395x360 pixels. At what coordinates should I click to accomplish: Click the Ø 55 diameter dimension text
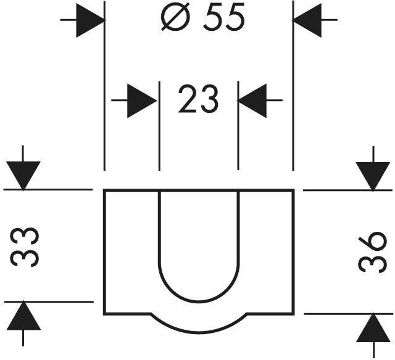point(203,17)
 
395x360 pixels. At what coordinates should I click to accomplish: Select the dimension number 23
point(198,99)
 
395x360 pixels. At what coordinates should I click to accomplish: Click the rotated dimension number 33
point(24,247)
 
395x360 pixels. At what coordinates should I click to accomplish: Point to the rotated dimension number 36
point(372,252)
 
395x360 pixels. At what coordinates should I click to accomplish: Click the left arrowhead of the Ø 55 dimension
point(90,20)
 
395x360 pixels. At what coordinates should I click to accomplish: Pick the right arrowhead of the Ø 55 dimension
point(307,20)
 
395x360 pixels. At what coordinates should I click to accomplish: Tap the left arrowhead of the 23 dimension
point(142,100)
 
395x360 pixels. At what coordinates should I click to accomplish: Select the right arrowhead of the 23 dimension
point(252,100)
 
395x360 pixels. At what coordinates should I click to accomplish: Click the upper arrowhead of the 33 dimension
point(23,176)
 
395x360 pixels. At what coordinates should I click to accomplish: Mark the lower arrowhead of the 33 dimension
point(23,316)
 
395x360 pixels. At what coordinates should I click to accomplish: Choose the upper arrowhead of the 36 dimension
point(373,176)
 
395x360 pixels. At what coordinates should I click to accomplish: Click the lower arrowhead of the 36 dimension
point(373,327)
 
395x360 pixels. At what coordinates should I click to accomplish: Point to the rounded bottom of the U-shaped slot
point(199,301)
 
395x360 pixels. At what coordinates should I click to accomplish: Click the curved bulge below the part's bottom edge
point(199,332)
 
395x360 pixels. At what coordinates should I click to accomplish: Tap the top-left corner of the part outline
point(104,190)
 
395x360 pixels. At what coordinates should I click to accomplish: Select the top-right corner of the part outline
point(293,190)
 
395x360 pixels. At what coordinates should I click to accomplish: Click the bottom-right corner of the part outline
point(293,314)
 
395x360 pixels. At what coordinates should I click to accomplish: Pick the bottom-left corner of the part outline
point(104,314)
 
